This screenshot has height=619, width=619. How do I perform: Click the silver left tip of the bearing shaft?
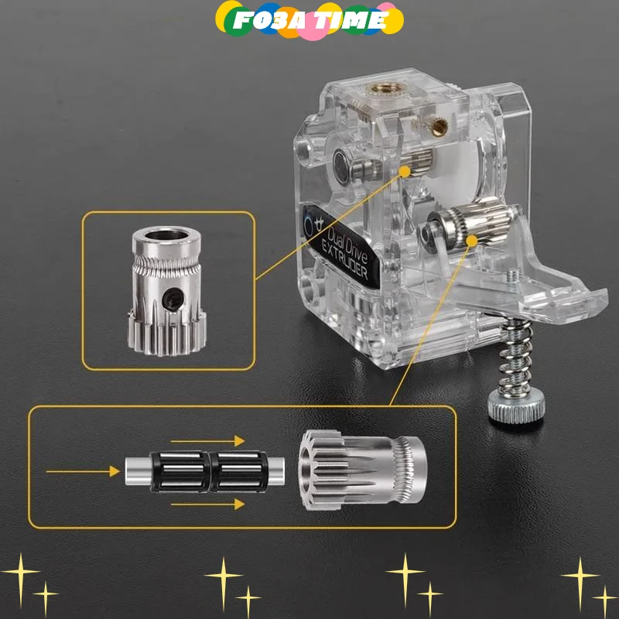[134, 468]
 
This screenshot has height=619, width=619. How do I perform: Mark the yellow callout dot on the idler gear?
[471, 241]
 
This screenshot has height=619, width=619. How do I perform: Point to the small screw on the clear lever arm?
[512, 274]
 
